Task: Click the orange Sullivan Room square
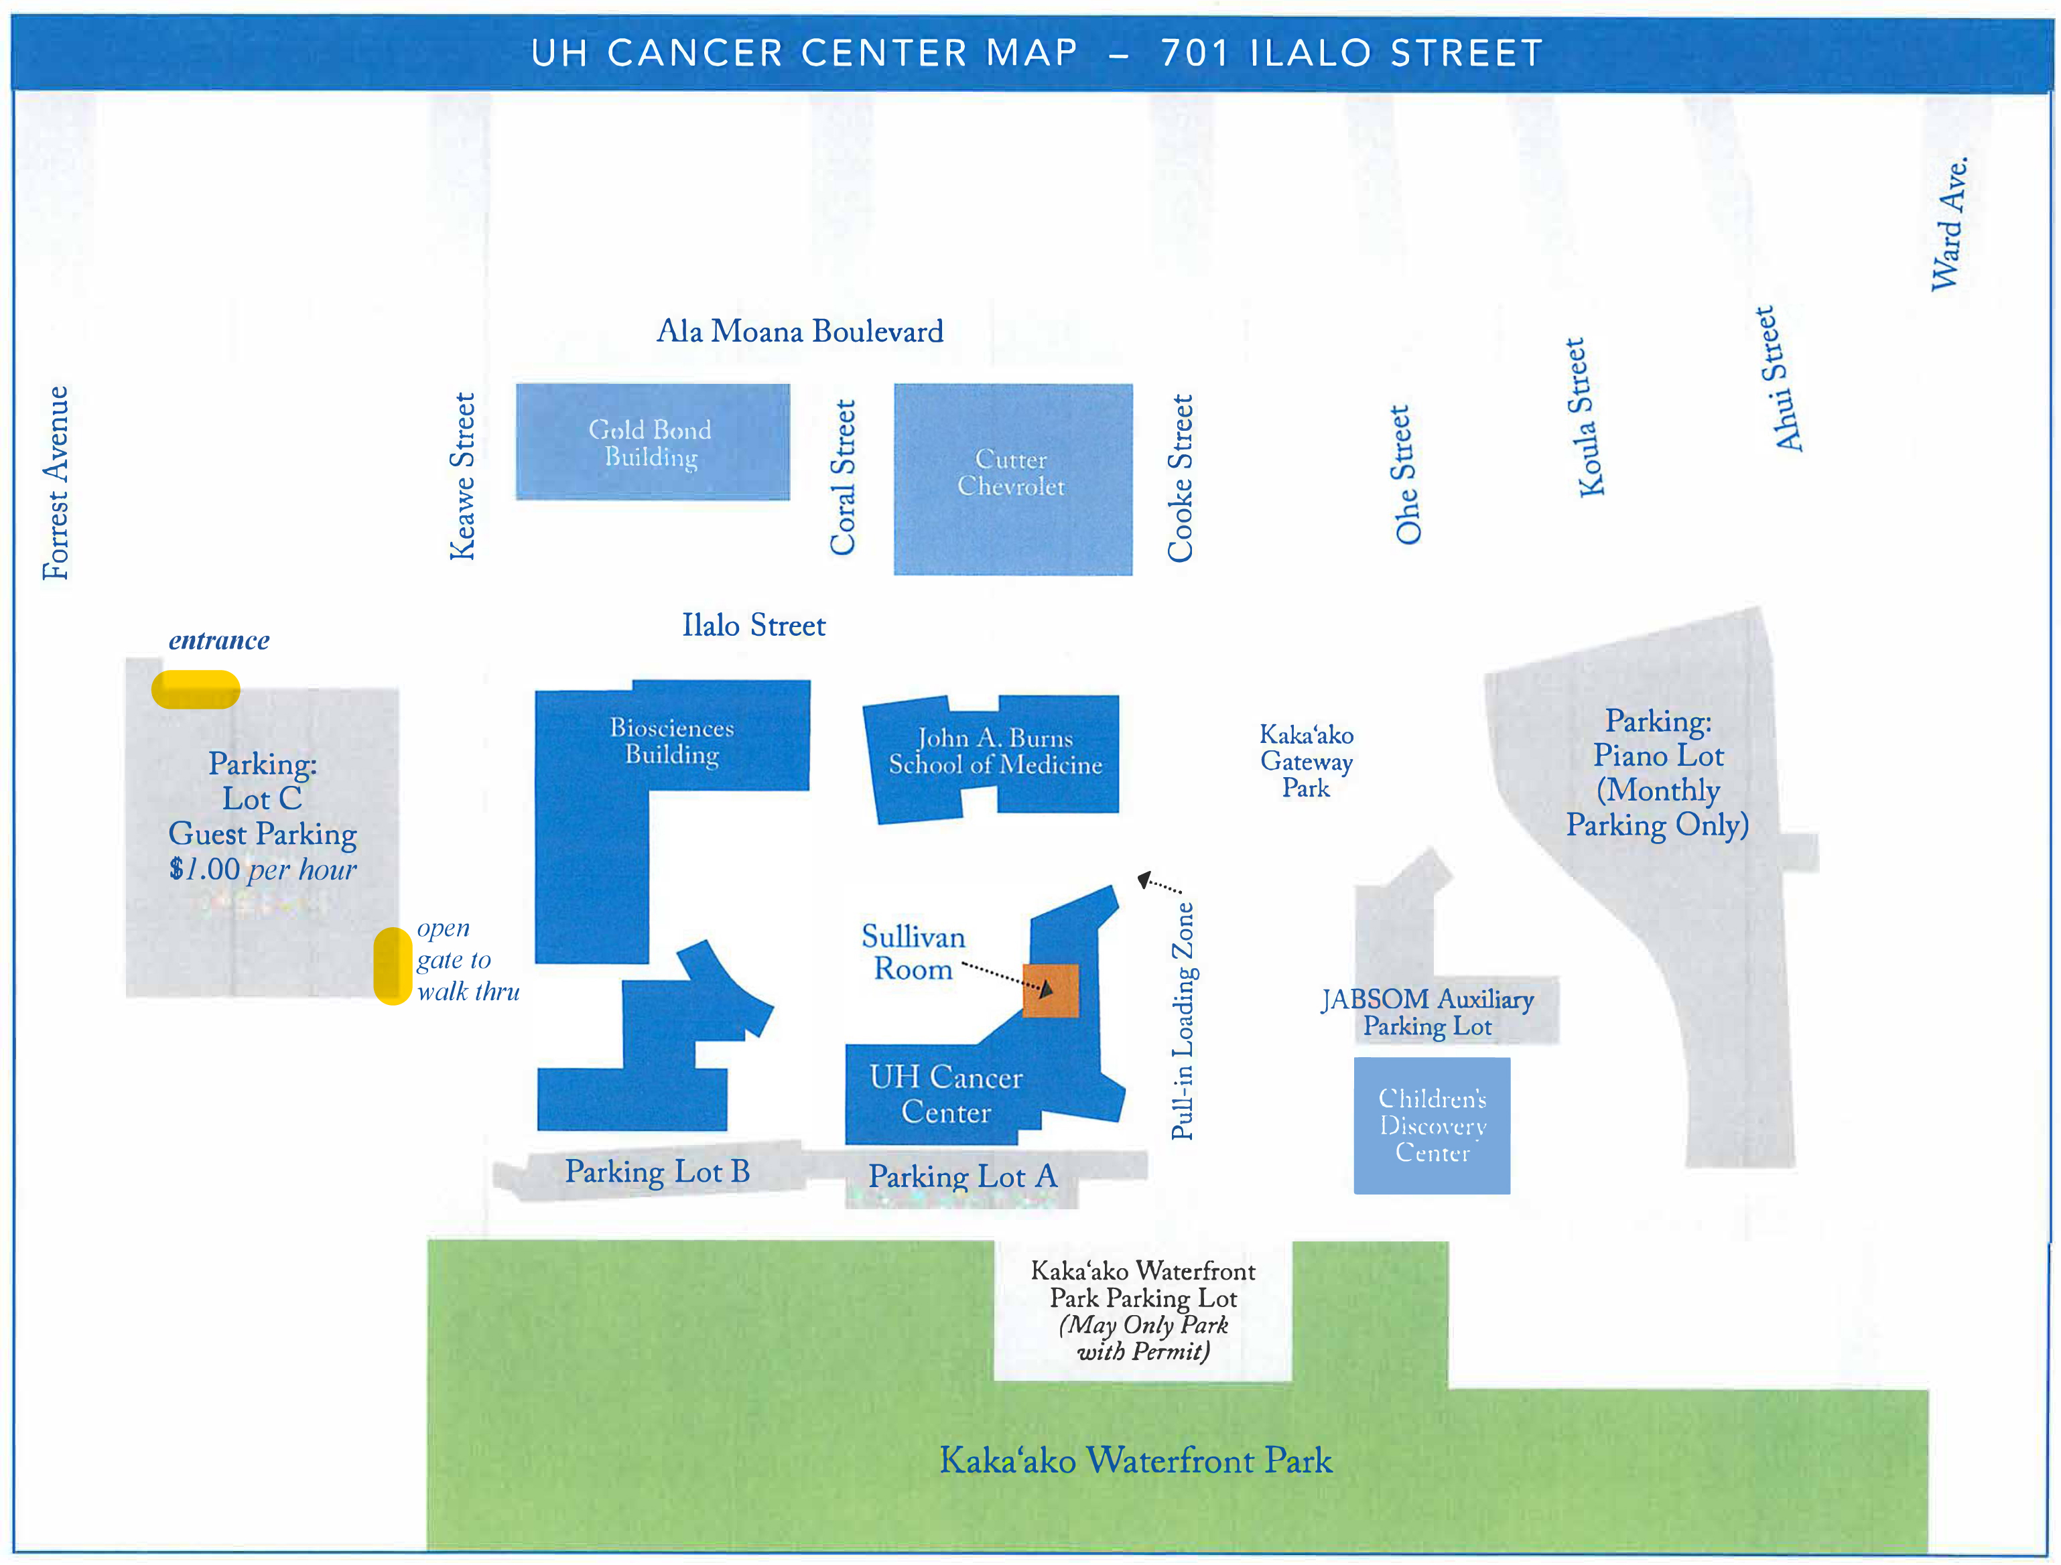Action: [1050, 990]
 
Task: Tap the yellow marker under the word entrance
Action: [196, 690]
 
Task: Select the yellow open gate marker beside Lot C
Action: [392, 966]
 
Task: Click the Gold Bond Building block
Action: [652, 441]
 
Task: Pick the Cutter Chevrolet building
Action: [1013, 479]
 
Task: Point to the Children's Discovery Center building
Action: [1431, 1126]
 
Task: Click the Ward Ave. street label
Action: [1948, 224]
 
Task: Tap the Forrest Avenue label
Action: [56, 482]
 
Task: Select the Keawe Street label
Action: [462, 476]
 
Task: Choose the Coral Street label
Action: [842, 477]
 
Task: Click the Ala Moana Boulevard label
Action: [799, 332]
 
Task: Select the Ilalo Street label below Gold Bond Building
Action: [753, 625]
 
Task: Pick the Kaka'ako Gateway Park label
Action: [1307, 761]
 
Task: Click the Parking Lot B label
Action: [657, 1171]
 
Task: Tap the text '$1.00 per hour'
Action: [263, 869]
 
